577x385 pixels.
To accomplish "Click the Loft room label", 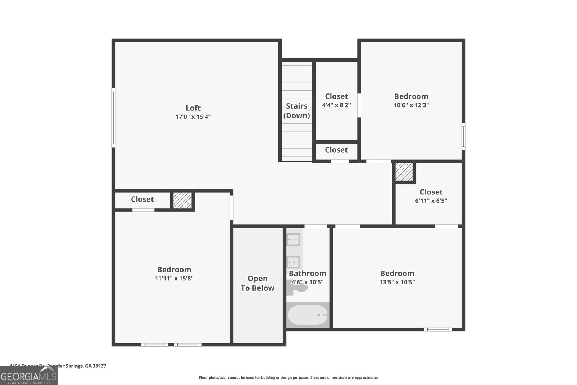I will [193, 108].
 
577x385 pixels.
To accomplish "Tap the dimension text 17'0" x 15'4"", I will [193, 117].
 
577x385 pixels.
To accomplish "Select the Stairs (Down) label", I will [296, 111].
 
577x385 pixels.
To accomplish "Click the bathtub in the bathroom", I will [308, 315].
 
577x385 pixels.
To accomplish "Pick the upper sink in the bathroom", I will [293, 239].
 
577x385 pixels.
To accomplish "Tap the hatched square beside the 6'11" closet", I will [404, 172].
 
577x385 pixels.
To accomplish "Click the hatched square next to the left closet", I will [182, 200].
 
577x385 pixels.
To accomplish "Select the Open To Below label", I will [257, 283].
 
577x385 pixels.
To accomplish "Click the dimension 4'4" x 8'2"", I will [336, 105].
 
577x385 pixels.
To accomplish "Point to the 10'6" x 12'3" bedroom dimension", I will [411, 105].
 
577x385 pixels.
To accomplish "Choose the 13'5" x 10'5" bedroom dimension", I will [397, 282].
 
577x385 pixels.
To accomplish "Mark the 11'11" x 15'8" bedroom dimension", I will [174, 279].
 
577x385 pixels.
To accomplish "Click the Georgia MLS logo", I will [28, 376].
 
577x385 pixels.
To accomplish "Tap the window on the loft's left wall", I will [113, 118].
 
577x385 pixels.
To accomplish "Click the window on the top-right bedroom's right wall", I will [463, 136].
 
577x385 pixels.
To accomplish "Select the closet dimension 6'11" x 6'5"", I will [431, 201].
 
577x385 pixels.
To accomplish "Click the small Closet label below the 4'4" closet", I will [336, 150].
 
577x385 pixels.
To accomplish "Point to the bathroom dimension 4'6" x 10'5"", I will [307, 282].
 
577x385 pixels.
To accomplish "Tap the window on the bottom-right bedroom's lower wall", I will [437, 329].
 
